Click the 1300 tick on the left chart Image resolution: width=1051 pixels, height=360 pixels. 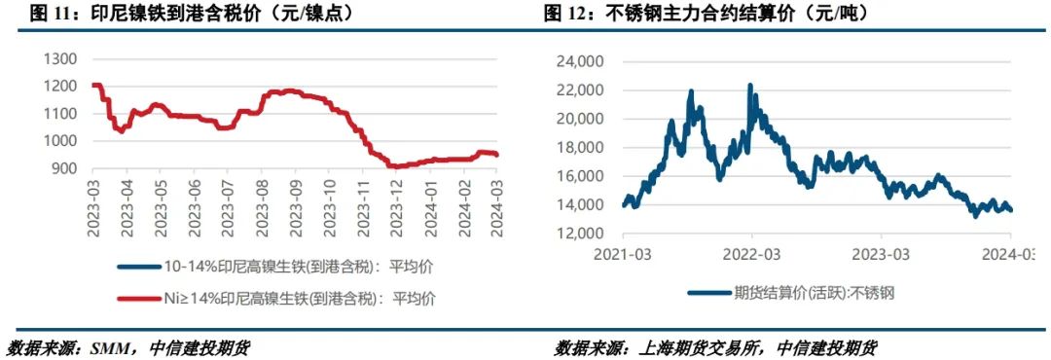tap(61, 58)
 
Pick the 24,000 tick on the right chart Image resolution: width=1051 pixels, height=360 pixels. tap(578, 61)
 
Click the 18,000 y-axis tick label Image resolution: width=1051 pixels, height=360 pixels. tap(578, 148)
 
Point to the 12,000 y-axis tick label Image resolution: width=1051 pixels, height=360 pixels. tap(578, 234)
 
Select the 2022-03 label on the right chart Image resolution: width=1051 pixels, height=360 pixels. tap(751, 254)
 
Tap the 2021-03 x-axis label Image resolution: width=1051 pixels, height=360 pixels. tap(623, 254)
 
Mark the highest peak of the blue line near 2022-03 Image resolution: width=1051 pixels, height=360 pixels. tap(749, 86)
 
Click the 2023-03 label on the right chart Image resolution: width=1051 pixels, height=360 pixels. tap(881, 254)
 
